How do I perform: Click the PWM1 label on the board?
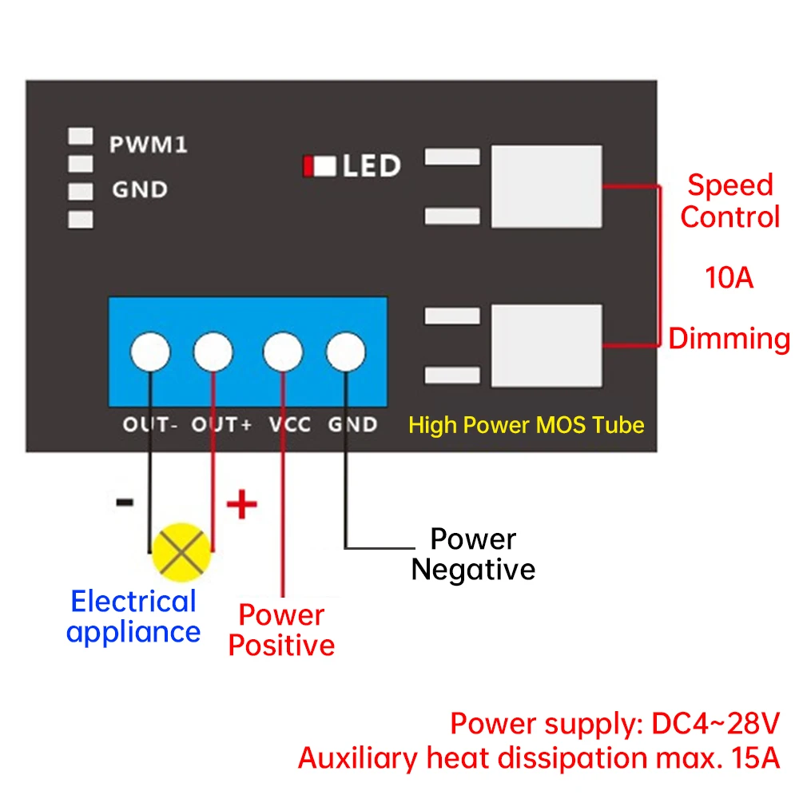click(x=149, y=144)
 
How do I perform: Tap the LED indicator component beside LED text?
click(x=320, y=166)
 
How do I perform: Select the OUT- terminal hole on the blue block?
click(x=150, y=352)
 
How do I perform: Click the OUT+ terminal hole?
click(x=213, y=352)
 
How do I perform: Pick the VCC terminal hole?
click(x=283, y=352)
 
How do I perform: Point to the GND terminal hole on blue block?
click(x=345, y=352)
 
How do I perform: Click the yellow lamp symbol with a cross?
click(x=181, y=552)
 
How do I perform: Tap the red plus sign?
click(x=241, y=504)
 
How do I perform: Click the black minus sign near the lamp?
click(x=125, y=503)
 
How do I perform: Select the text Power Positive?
click(x=281, y=630)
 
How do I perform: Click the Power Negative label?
click(x=473, y=554)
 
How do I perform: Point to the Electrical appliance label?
click(x=133, y=617)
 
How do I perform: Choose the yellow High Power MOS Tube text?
click(x=527, y=425)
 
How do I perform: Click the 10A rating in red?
click(x=729, y=278)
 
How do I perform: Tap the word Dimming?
click(x=729, y=340)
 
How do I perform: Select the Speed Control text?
click(x=730, y=201)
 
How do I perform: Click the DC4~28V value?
click(x=715, y=723)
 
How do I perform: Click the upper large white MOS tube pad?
click(x=547, y=186)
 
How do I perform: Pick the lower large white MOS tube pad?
click(x=547, y=346)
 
